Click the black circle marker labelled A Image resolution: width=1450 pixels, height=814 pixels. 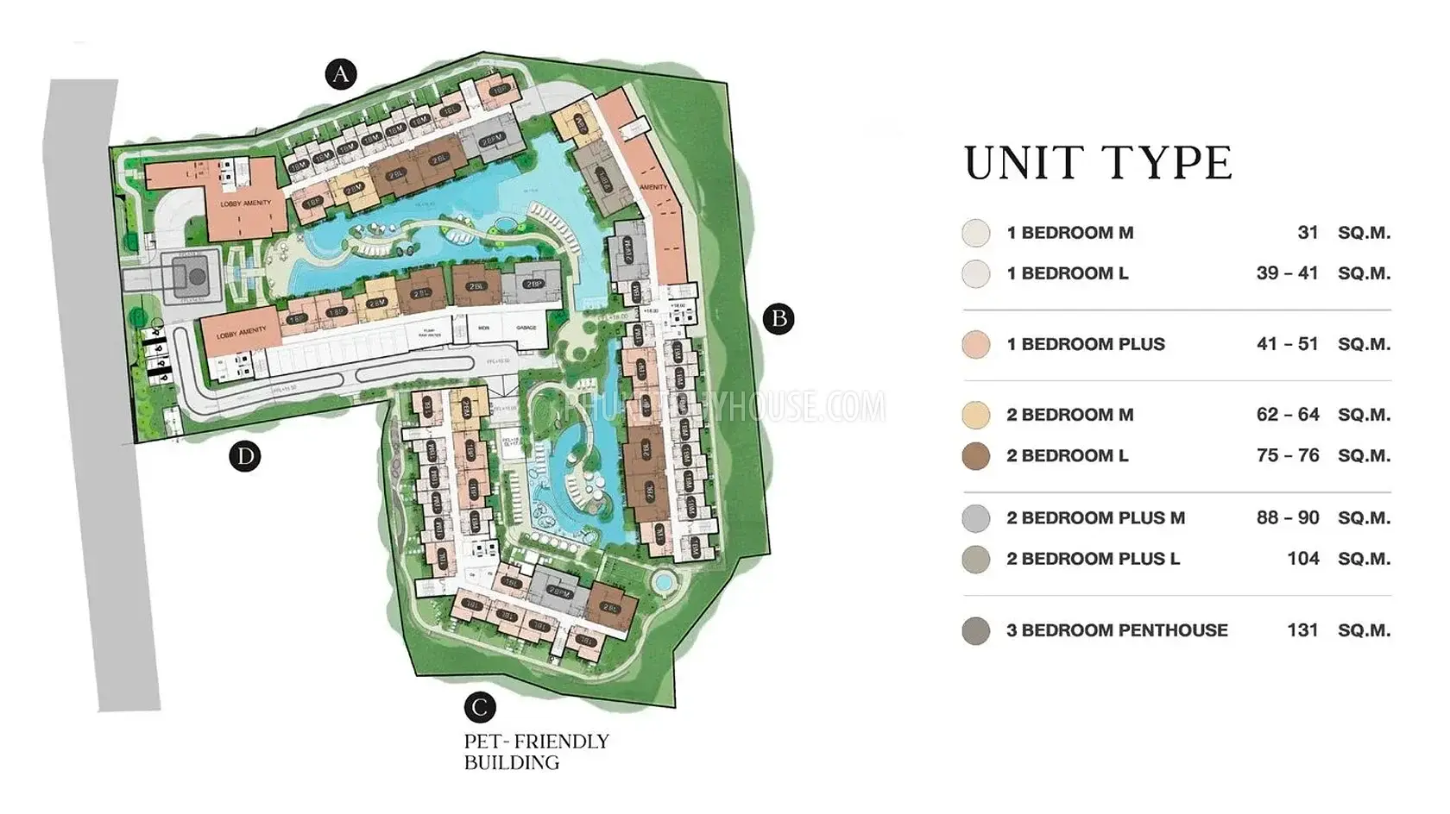pos(341,74)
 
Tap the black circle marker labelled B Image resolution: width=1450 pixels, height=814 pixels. pos(779,319)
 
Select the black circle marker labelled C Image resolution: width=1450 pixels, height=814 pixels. pos(480,708)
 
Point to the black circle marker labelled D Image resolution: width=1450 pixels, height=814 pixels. pos(245,456)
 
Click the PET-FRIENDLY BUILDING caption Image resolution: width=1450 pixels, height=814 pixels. pos(536,752)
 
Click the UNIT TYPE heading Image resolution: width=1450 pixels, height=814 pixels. pos(1098,164)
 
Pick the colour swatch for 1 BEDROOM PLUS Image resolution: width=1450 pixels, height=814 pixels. pos(976,345)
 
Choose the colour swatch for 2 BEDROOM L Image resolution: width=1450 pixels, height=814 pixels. pos(976,456)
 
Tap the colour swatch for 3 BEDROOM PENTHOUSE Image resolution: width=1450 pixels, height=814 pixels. pos(976,631)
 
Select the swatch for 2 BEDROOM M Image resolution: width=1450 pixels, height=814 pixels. pos(976,416)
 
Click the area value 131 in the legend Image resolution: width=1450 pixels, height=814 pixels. pos(1302,630)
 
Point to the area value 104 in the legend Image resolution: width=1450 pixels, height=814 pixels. pos(1302,559)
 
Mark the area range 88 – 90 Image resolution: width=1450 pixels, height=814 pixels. pos(1288,518)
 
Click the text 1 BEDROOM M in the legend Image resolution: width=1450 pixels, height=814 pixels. pos(1069,233)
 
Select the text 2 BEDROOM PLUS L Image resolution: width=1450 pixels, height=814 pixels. pos(1093,559)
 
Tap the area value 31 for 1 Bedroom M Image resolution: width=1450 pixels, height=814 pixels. pos(1308,233)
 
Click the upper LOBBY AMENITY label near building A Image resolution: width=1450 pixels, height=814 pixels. pos(245,203)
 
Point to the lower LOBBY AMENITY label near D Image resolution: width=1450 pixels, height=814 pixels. pos(241,333)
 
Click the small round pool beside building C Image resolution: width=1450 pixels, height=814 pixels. pos(663,582)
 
